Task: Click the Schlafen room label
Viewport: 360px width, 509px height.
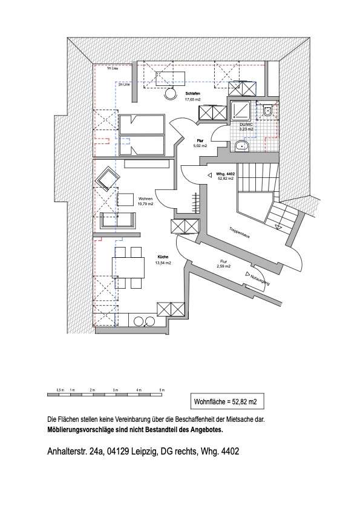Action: pyautogui.click(x=194, y=94)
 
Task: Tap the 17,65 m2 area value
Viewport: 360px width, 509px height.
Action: pyautogui.click(x=193, y=99)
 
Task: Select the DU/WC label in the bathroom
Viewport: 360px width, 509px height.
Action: pyautogui.click(x=246, y=124)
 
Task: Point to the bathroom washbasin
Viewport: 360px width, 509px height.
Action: pyautogui.click(x=243, y=145)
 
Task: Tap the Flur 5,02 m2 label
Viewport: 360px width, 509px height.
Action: pyautogui.click(x=200, y=143)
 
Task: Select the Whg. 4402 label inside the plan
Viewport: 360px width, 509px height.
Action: pyautogui.click(x=225, y=174)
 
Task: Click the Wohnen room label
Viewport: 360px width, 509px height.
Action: pyautogui.click(x=145, y=199)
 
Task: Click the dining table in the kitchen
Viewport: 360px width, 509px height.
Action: pyautogui.click(x=128, y=268)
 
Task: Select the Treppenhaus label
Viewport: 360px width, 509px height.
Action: pyautogui.click(x=240, y=232)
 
